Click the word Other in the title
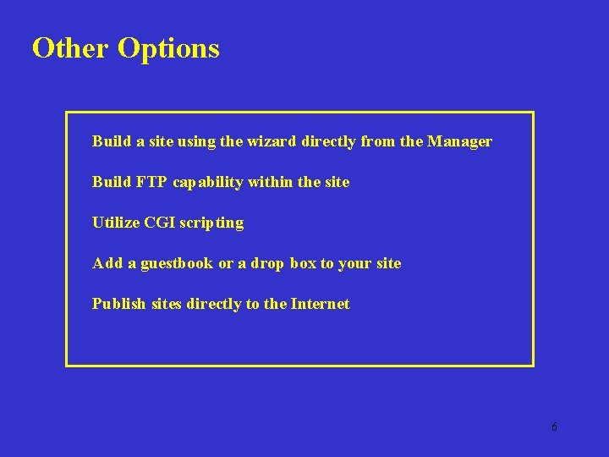coord(71,48)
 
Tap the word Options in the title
coord(169,49)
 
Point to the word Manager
coord(459,142)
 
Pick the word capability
coord(206,183)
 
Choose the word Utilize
coord(116,223)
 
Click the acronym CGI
coord(159,223)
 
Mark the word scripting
coord(211,223)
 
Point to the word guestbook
coord(177,264)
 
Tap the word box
coord(303,263)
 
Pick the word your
coord(354,264)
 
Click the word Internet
coord(320,304)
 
